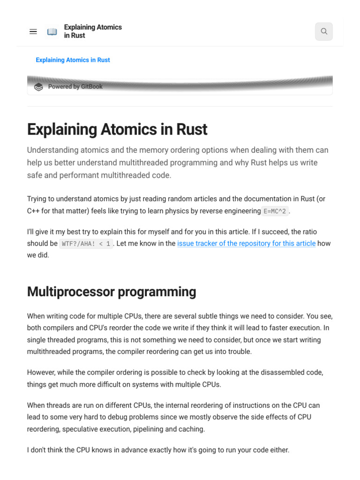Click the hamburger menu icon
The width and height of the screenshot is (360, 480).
click(33, 31)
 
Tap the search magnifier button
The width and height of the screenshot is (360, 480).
click(324, 31)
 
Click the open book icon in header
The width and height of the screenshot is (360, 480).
click(52, 31)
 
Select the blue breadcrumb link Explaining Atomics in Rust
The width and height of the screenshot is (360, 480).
click(73, 60)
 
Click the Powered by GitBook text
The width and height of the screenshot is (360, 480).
click(75, 87)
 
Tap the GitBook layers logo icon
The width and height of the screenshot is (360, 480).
click(39, 87)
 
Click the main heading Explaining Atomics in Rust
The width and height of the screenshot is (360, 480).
click(117, 129)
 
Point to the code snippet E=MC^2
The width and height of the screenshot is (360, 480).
click(276, 211)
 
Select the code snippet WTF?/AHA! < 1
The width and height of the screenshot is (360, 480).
click(86, 244)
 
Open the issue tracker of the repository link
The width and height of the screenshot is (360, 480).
click(246, 244)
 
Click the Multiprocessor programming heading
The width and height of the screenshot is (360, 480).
click(112, 292)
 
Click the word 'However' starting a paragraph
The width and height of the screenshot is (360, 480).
click(42, 373)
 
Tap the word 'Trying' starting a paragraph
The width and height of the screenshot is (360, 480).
click(37, 199)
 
